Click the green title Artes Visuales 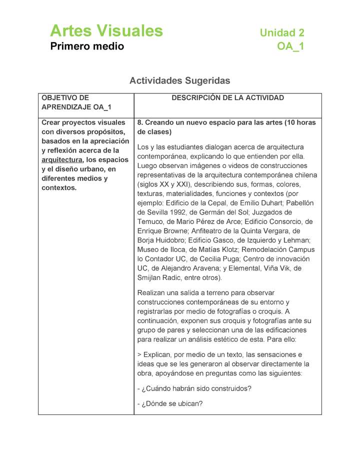point(106,31)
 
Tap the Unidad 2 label point(282,33)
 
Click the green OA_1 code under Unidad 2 point(290,47)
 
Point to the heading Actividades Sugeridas point(179,80)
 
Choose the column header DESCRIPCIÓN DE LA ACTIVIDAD point(227,98)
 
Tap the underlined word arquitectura point(62,160)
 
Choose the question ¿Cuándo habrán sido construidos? point(194,388)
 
